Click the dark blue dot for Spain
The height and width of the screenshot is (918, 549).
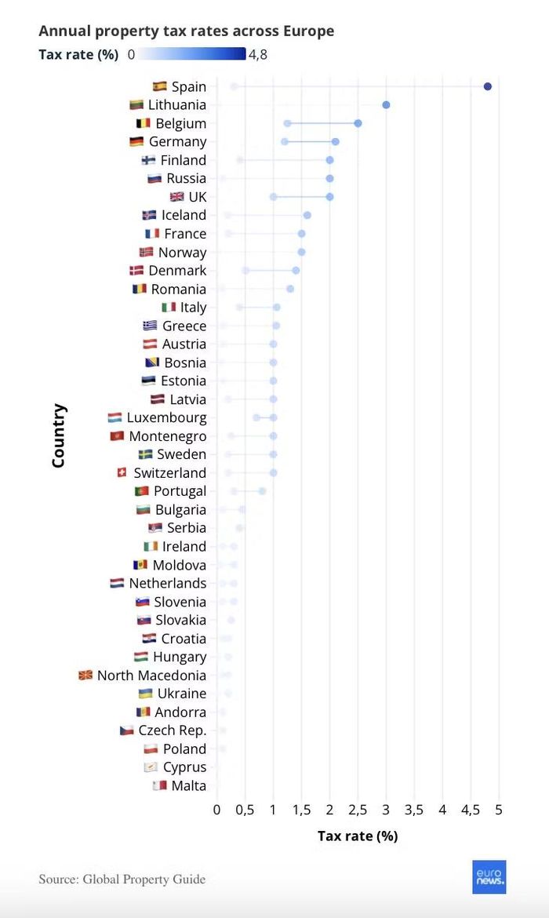point(488,86)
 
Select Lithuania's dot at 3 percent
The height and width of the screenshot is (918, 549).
point(386,105)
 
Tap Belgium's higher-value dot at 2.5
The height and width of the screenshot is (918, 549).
point(358,123)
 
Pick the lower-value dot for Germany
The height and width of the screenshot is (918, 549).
point(285,142)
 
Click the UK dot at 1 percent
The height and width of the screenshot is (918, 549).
point(274,197)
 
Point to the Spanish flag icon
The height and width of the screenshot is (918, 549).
point(160,86)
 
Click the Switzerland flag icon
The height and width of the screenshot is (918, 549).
point(122,472)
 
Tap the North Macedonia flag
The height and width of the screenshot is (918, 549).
point(85,675)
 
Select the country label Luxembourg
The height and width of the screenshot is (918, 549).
point(166,418)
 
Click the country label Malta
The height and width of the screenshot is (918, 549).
point(188,785)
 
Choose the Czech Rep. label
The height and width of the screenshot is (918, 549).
point(173,730)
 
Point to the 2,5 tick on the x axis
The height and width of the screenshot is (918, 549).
point(358,810)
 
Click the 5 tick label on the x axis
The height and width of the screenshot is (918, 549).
point(499,810)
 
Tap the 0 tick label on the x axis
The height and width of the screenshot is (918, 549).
point(216,810)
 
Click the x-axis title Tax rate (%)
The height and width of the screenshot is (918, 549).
point(358,836)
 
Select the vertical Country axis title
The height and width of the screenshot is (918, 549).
point(58,435)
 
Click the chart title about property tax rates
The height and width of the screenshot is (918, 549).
point(186,31)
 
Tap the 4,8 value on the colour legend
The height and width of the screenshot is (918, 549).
point(258,54)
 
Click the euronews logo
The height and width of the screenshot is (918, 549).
point(489,877)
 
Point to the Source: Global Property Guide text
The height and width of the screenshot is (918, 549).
point(122,880)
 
